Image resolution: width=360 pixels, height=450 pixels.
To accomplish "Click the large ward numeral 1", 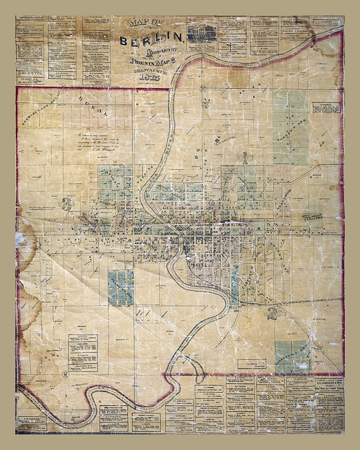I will click(x=246, y=157).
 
